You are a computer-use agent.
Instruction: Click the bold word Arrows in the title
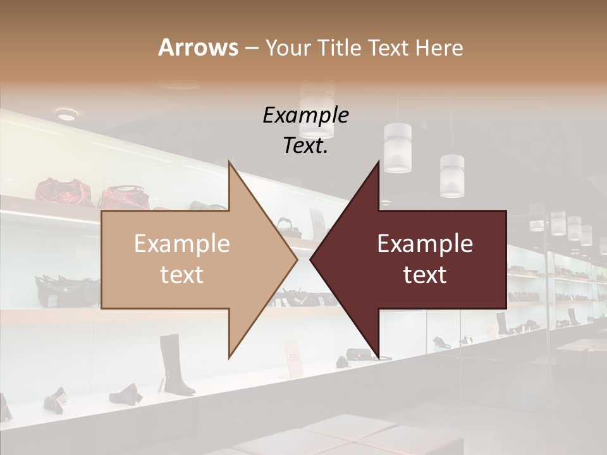(199, 47)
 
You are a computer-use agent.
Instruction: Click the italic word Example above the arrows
(305, 116)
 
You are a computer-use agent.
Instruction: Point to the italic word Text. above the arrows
(305, 146)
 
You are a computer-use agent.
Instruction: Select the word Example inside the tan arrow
(182, 244)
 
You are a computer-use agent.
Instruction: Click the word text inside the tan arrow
(182, 275)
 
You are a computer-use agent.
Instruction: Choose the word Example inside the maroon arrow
(425, 244)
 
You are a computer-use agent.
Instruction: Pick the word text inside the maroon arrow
(425, 275)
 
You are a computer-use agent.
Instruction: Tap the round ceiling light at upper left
(65, 114)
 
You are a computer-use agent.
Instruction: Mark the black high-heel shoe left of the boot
(125, 394)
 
